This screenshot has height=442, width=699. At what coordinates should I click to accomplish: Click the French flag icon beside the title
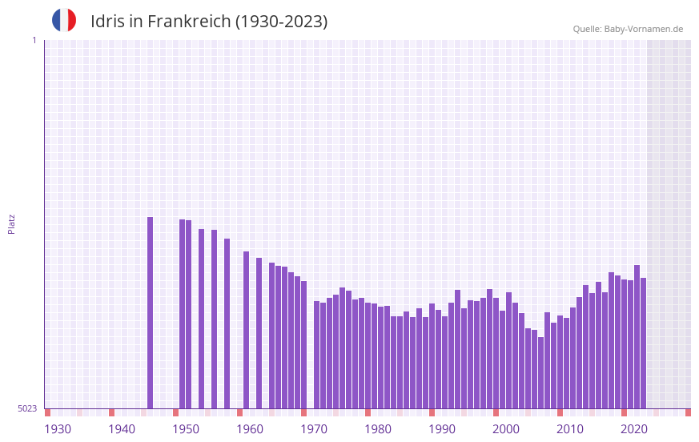click(x=64, y=20)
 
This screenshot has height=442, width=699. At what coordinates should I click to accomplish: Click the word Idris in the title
click(x=107, y=22)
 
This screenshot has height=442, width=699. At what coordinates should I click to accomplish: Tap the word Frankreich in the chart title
click(x=188, y=22)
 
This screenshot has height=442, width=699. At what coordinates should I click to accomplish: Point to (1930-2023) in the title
click(x=281, y=22)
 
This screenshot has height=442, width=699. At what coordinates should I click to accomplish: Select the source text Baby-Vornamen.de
click(x=644, y=29)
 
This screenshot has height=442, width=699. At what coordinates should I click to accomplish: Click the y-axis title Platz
click(x=11, y=223)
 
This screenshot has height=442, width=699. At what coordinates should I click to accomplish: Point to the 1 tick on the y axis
click(x=34, y=40)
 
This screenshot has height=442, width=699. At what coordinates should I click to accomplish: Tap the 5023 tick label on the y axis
click(x=27, y=408)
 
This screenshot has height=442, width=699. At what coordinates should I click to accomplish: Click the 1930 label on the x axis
click(x=58, y=429)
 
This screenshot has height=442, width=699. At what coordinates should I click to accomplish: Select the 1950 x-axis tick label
click(x=186, y=429)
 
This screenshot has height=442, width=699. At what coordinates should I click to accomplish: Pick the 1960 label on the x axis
click(x=250, y=429)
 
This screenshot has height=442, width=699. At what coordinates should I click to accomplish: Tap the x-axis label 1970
click(x=314, y=429)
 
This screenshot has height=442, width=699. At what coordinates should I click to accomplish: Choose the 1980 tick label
click(x=378, y=429)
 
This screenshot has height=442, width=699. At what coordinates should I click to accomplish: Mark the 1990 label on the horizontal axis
click(x=442, y=429)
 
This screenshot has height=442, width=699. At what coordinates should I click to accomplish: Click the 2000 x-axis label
click(x=506, y=429)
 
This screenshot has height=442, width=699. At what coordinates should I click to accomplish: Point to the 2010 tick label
click(x=570, y=429)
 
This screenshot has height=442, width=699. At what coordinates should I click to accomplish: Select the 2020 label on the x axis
click(x=634, y=429)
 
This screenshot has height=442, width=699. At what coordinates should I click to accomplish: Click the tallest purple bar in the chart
click(x=150, y=312)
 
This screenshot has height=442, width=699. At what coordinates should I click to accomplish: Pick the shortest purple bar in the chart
click(x=540, y=372)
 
